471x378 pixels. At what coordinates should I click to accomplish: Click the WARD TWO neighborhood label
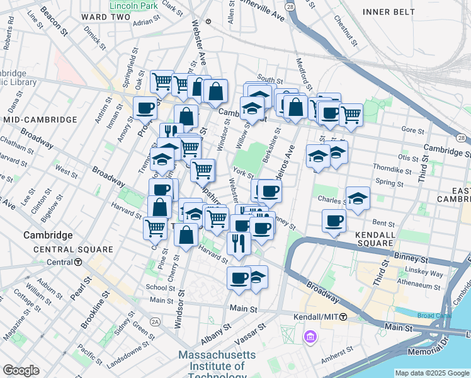(x=101, y=16)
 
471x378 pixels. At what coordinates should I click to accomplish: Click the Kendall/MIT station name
(x=315, y=317)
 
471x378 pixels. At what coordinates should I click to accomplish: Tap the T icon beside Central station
(x=78, y=262)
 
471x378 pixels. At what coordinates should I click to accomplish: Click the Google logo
(x=21, y=370)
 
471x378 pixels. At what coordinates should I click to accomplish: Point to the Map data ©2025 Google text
(x=431, y=373)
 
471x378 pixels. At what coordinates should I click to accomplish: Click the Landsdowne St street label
(x=123, y=346)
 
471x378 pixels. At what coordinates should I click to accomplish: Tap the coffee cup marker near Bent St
(x=334, y=221)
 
